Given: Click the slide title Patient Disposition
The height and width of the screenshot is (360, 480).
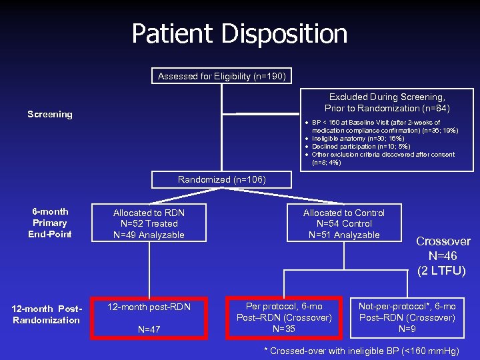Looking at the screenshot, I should tap(239, 34).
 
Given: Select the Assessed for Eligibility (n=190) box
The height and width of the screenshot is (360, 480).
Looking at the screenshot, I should tap(222, 77).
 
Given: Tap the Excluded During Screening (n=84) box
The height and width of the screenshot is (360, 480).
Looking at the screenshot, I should tap(387, 103).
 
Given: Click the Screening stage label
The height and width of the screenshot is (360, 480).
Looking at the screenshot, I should tap(50, 115).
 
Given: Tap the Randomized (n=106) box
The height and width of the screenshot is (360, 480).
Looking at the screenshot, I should tap(221, 179).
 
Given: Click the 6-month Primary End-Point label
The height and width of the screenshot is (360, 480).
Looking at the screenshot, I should tap(50, 223).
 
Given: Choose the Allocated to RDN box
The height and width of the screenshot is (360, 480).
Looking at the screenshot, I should tap(149, 223).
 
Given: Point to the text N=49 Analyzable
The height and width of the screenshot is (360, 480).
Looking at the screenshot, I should tap(149, 235).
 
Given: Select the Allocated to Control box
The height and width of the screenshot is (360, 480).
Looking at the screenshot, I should tap(344, 223).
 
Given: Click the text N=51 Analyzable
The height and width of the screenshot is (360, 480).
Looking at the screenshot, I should tap(344, 235).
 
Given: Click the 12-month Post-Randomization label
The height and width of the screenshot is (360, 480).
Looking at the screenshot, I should tap(47, 313).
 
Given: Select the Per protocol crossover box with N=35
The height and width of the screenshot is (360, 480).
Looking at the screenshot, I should tap(284, 317).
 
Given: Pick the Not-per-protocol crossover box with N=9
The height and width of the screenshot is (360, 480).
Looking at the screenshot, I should tap(407, 317).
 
